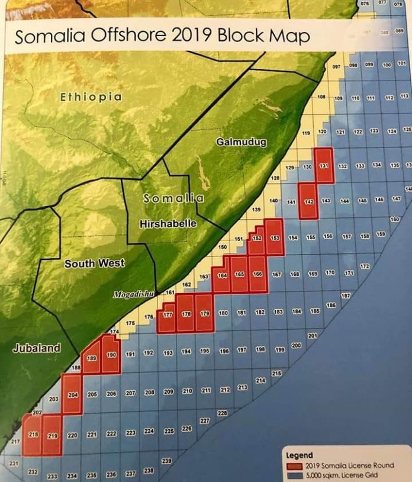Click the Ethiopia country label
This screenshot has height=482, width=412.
[x=91, y=97]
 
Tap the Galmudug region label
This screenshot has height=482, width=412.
[x=241, y=142]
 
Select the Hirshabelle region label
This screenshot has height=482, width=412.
[x=168, y=224]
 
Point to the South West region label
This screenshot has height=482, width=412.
[x=94, y=264]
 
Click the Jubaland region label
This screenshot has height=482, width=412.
[x=37, y=348]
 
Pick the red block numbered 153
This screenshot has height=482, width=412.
[x=275, y=237]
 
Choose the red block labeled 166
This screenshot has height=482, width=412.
[x=257, y=275]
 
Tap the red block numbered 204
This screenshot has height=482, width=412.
[x=72, y=394]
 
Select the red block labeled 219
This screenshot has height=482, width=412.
[x=52, y=435]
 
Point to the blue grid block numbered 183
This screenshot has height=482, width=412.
[x=278, y=312]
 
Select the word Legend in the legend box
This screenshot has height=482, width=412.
[x=299, y=456]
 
